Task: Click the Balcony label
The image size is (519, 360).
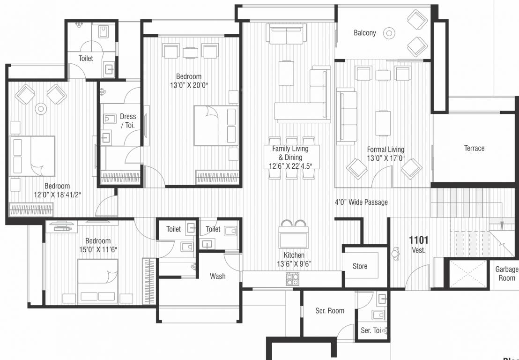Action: click(364, 33)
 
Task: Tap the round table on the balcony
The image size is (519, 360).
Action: click(388, 33)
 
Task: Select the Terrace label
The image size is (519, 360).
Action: click(474, 148)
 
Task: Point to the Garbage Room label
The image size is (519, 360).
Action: click(507, 273)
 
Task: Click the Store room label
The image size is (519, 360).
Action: click(360, 266)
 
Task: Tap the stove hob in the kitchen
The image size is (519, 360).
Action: click(293, 279)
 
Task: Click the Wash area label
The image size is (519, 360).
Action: click(217, 276)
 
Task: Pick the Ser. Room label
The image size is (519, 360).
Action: click(329, 310)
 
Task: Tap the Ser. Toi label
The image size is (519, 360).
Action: click(371, 330)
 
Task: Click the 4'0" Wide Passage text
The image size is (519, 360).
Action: click(361, 202)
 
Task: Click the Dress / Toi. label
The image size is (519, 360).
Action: click(127, 120)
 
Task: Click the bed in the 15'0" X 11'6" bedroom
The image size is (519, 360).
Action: click(98, 281)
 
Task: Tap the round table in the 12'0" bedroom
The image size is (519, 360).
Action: click(41, 109)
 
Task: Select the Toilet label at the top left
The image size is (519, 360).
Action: click(86, 59)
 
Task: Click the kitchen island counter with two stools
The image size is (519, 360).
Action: click(293, 237)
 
